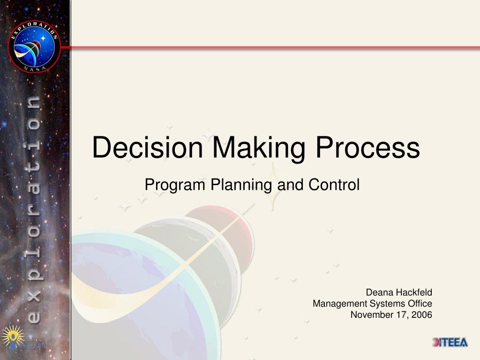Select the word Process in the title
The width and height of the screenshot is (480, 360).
pyautogui.click(x=367, y=147)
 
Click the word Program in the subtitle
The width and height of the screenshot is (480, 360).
pyautogui.click(x=175, y=185)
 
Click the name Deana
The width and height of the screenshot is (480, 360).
pyautogui.click(x=379, y=293)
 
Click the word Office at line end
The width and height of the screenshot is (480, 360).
pyautogui.click(x=420, y=304)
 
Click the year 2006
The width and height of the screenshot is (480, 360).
pyautogui.click(x=422, y=315)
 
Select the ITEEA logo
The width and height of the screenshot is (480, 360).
pyautogui.click(x=450, y=342)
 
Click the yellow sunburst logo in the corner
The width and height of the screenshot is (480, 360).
pyautogui.click(x=11, y=337)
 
